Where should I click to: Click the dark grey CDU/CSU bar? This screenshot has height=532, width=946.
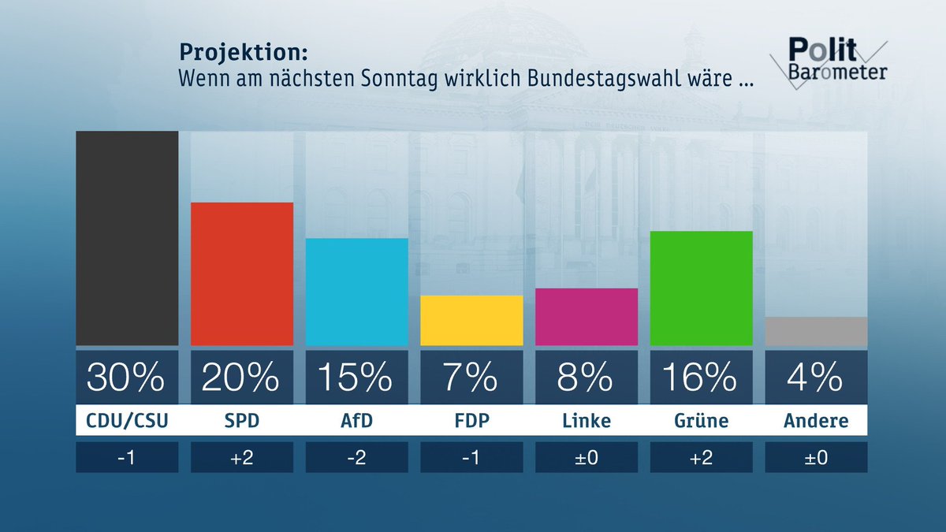click(127, 238)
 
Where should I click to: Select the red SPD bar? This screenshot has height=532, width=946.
click(242, 273)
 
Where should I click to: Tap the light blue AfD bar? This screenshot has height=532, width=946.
click(356, 292)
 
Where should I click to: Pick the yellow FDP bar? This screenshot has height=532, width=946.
click(471, 320)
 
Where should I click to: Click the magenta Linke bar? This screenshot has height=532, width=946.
click(587, 317)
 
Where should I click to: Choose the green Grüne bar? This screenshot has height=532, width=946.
click(701, 288)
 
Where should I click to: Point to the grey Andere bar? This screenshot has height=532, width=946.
click(816, 331)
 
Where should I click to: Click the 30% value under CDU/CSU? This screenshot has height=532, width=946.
click(127, 378)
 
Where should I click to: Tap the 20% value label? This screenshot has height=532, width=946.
click(242, 378)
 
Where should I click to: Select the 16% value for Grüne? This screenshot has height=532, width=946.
click(701, 378)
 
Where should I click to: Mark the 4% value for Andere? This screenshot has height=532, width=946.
click(816, 378)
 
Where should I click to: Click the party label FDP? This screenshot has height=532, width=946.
click(471, 421)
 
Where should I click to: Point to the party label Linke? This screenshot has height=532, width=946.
click(587, 421)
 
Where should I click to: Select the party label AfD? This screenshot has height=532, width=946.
click(356, 421)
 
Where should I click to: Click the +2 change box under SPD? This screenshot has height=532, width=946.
click(242, 457)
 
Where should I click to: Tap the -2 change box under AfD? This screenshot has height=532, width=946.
click(356, 457)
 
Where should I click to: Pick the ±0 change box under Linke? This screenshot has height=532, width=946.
click(587, 457)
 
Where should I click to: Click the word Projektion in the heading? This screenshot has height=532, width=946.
click(243, 52)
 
